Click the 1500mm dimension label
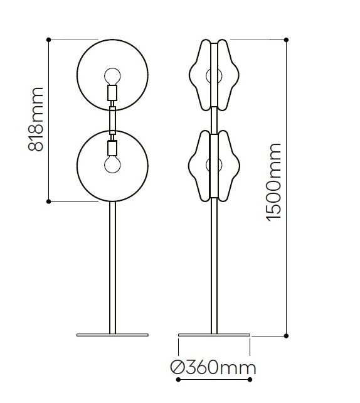pos(274,181)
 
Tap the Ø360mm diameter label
pos(214,367)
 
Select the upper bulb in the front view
pos(112,75)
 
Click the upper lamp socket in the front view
pos(112,94)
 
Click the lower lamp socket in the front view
pos(112,148)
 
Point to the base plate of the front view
pos(112,335)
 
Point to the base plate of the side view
pos(214,335)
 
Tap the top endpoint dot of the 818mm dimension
pos(49,40)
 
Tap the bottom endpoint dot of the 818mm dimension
pos(49,201)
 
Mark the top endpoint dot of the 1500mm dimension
pos(287,40)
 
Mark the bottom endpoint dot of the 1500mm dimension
pos(287,335)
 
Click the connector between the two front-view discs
pos(112,120)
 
